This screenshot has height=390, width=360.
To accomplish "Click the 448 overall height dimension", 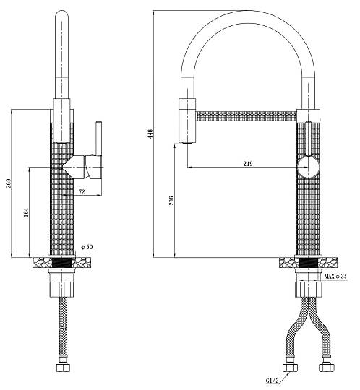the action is [x=150, y=134].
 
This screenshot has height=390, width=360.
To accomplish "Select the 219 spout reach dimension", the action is [x=247, y=163].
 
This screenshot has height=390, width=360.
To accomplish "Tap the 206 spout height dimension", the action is [x=171, y=201].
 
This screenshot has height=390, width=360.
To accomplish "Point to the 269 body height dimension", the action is [x=9, y=183].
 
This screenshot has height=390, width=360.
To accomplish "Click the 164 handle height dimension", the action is [x=26, y=212].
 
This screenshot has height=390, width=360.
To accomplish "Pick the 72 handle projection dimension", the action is [x=82, y=192].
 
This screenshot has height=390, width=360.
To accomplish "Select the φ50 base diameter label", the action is [x=87, y=247].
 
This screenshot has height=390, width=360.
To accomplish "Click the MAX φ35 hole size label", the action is [x=335, y=276].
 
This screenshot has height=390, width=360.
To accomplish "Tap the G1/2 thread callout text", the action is [x=272, y=381].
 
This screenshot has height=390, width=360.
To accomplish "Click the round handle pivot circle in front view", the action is [x=308, y=167].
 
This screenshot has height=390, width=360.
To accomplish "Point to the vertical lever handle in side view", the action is [x=99, y=139].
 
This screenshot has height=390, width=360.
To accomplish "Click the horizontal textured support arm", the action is [x=246, y=116].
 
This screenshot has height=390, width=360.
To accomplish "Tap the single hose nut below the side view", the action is [x=63, y=368].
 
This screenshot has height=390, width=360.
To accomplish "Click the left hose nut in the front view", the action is [x=290, y=368].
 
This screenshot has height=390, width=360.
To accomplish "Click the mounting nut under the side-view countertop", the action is [x=62, y=289].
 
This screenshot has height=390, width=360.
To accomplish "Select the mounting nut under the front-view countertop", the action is [x=309, y=289].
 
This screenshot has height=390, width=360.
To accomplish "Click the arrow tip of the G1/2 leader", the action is [x=289, y=373].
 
